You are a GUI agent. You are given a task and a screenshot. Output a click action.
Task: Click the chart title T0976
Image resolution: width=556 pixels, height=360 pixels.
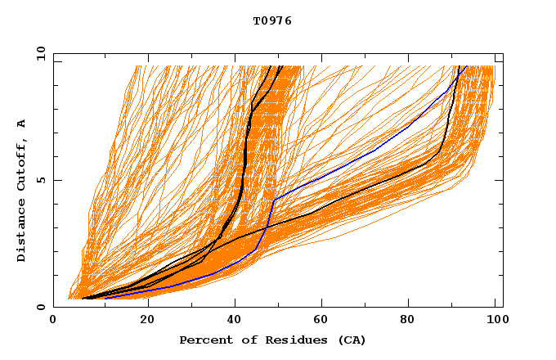(272, 21)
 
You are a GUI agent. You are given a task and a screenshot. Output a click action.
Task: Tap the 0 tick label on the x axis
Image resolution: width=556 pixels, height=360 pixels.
(53, 321)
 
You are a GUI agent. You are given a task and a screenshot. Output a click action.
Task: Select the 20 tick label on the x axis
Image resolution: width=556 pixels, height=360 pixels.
(147, 321)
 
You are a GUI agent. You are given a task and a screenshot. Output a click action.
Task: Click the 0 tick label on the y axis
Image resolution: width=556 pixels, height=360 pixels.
(41, 307)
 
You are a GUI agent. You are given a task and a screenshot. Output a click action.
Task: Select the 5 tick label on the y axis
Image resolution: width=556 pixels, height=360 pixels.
(41, 180)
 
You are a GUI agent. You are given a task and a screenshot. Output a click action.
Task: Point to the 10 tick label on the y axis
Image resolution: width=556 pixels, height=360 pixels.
(39, 53)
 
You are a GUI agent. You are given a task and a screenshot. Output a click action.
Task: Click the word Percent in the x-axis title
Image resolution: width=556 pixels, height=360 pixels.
(202, 340)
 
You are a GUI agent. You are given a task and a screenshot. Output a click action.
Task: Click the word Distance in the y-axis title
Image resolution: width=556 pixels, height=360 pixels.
(22, 229)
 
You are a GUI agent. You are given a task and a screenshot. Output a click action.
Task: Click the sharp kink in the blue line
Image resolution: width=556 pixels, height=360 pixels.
(274, 199)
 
